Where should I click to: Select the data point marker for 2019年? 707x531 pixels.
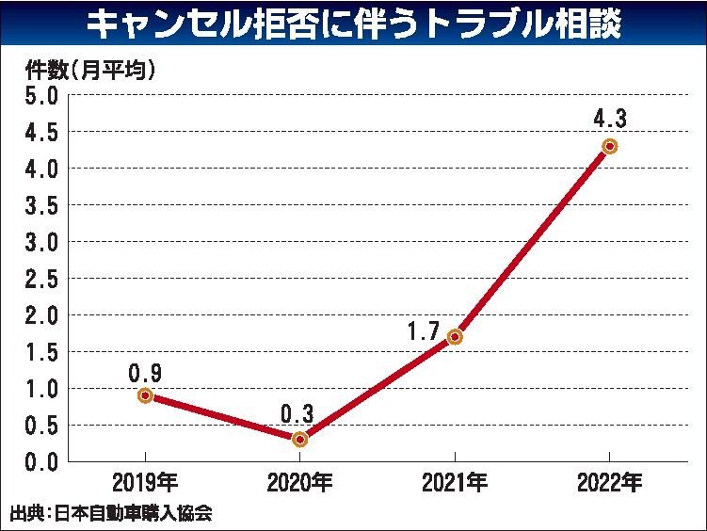(145, 395)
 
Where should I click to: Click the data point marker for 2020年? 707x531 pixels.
(300, 439)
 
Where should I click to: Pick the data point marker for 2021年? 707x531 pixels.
(455, 336)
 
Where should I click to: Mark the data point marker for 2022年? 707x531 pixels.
(609, 146)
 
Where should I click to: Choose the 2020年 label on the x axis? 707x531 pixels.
(299, 484)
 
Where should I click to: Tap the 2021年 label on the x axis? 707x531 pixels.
(455, 484)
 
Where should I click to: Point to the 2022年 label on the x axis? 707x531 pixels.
(609, 484)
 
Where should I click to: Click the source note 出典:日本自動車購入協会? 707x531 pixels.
(111, 514)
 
